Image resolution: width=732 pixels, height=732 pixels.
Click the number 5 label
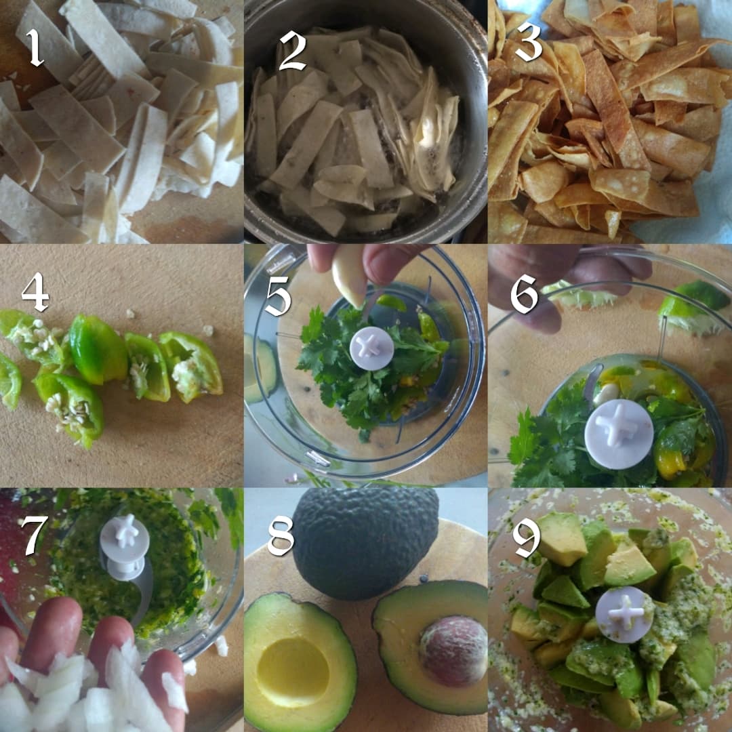pyautogui.click(x=278, y=296)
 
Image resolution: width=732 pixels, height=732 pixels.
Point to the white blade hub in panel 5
pyautogui.click(x=371, y=348)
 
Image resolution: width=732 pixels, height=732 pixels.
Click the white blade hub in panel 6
pyautogui.click(x=618, y=433)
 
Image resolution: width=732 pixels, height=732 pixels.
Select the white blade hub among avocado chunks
pyautogui.click(x=624, y=614)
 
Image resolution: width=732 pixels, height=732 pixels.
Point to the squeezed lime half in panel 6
pyautogui.click(x=691, y=308)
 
